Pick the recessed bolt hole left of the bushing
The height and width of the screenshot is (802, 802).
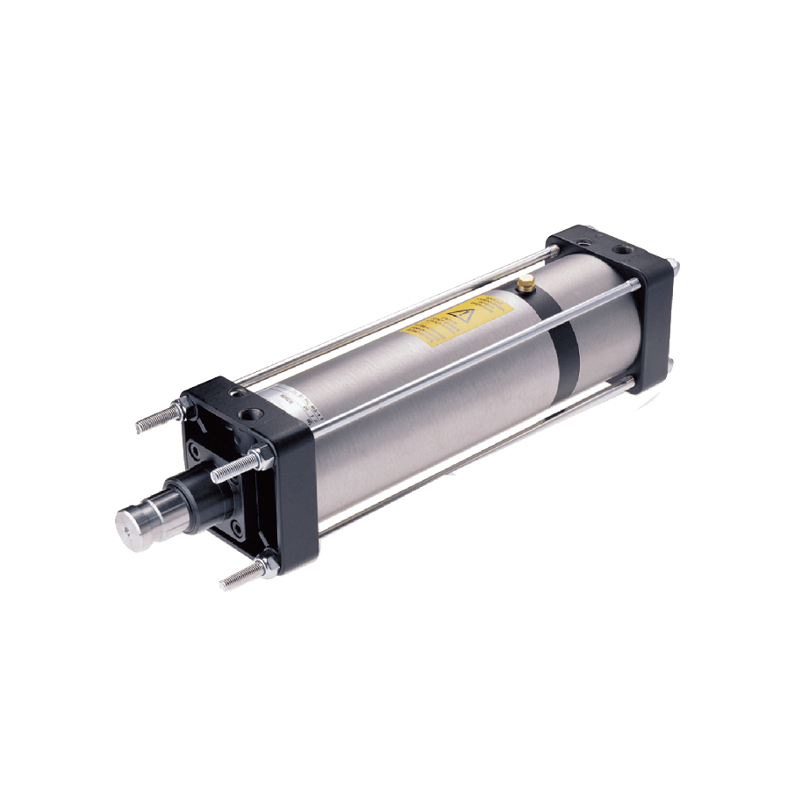click(190, 457)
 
